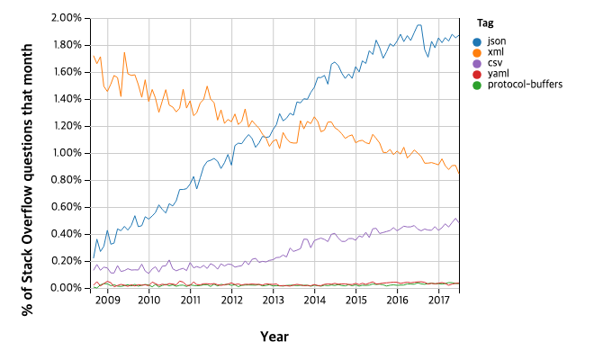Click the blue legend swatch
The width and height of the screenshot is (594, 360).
[x=477, y=42]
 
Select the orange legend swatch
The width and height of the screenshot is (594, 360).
[x=477, y=53]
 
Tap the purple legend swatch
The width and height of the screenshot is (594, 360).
[x=477, y=64]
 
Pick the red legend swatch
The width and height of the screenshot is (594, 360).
[x=477, y=75]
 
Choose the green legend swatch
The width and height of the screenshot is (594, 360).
[x=477, y=85]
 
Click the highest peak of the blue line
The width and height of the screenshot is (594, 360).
[x=419, y=25]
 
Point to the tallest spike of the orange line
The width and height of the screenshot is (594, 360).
[x=124, y=53]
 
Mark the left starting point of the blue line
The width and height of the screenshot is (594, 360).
[x=93, y=257]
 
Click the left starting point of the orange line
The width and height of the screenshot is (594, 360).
[x=93, y=56]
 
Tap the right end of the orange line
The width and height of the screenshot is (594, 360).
[x=459, y=173]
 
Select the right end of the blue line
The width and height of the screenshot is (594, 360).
[x=459, y=37]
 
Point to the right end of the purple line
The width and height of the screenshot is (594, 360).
[x=459, y=221]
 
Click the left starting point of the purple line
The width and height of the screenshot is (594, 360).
[x=93, y=269]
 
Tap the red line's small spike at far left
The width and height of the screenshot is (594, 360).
[x=97, y=282]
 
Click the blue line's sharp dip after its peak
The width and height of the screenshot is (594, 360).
[x=428, y=56]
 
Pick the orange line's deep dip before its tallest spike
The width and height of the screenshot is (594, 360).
[x=121, y=95]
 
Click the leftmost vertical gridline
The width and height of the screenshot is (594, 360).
[x=108, y=153]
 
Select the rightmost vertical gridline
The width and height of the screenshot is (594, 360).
[x=439, y=153]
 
